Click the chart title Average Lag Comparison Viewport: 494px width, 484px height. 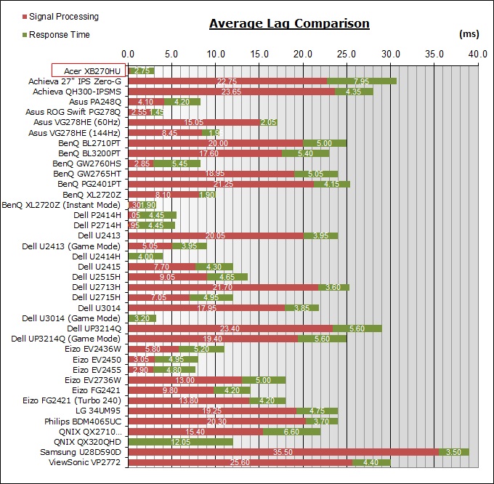tap(289, 23)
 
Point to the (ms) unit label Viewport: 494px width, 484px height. tap(469, 33)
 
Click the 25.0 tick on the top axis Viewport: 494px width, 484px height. tap(347, 54)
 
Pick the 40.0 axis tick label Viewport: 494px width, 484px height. tap(478, 54)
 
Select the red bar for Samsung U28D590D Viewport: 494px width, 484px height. tap(283, 451)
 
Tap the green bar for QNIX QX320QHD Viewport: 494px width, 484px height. tap(180, 441)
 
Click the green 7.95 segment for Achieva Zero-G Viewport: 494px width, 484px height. tap(362, 81)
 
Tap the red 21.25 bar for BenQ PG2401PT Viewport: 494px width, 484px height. tap(221, 184)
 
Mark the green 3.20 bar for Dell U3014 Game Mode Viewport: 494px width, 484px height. tap(142, 318)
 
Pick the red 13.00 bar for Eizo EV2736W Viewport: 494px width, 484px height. tap(185, 379)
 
